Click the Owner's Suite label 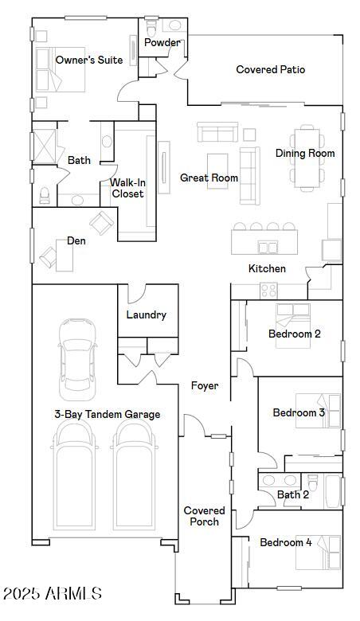click(89, 60)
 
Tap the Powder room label click(162, 43)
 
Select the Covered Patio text click(271, 70)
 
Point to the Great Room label click(209, 178)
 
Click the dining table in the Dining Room click(307, 159)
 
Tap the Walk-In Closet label click(127, 188)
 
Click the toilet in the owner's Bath click(45, 193)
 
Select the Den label click(76, 240)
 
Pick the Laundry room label click(147, 314)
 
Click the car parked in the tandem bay click(77, 358)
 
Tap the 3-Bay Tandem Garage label click(107, 414)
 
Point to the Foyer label click(205, 386)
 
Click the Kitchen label click(267, 269)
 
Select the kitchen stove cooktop click(270, 291)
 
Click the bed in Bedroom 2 click(295, 314)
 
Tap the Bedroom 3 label click(299, 412)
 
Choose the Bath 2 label click(293, 494)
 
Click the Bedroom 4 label click(286, 542)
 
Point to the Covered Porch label click(205, 516)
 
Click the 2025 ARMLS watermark click(53, 593)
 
